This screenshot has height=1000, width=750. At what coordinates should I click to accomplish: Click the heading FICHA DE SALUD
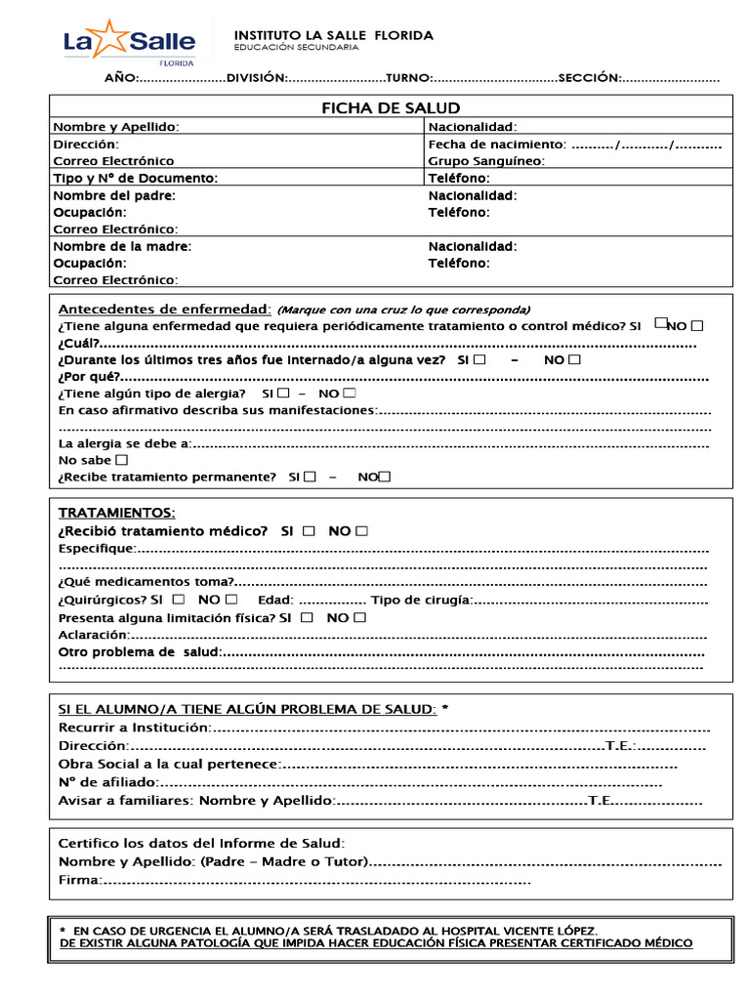[391, 107]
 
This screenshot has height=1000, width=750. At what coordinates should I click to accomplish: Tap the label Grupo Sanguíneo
[485, 161]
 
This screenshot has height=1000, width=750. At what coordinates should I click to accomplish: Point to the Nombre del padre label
[114, 195]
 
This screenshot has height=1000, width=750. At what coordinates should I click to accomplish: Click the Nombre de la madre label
[122, 246]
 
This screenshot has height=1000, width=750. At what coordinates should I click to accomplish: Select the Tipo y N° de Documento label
[135, 178]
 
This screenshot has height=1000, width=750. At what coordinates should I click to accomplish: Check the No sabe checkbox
[121, 459]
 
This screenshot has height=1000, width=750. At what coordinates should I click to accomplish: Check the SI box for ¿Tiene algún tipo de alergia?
[283, 393]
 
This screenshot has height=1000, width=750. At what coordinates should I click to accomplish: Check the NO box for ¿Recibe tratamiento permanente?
[385, 477]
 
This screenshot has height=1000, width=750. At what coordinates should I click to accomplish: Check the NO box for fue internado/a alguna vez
[574, 359]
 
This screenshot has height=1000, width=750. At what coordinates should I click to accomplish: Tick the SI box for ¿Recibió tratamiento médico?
[309, 531]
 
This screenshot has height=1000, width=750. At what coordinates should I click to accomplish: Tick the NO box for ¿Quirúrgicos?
[230, 599]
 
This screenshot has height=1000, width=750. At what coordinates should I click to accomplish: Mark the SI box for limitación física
[308, 617]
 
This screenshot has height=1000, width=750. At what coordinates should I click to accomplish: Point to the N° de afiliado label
[107, 782]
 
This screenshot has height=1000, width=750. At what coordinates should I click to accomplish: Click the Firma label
[79, 881]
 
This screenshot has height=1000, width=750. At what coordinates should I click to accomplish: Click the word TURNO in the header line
[408, 77]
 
